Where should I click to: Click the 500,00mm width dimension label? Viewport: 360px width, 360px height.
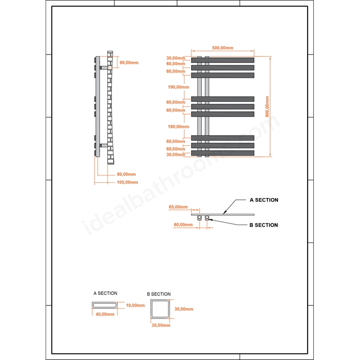223,48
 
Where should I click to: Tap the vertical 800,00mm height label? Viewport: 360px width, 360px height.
267,106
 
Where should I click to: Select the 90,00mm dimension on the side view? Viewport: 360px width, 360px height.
129,62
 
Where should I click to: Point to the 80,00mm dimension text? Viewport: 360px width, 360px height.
126,174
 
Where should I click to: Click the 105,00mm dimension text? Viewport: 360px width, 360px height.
128,182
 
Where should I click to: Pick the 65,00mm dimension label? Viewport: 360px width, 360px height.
178,207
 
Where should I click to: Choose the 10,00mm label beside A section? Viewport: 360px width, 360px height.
135,305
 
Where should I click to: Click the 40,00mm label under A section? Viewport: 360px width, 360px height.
105,314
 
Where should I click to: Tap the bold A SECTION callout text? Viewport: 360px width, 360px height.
264,200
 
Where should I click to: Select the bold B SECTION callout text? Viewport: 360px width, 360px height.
264,225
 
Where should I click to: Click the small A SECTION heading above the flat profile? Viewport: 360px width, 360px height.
105,293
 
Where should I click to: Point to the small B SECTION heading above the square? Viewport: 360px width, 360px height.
159,294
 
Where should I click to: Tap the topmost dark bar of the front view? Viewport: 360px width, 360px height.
223,60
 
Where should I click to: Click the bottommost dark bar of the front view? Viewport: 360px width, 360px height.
223,153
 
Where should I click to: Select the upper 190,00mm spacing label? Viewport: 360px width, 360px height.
178,87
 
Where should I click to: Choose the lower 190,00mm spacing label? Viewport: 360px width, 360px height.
178,127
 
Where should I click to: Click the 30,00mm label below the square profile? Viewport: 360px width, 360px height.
161,325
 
